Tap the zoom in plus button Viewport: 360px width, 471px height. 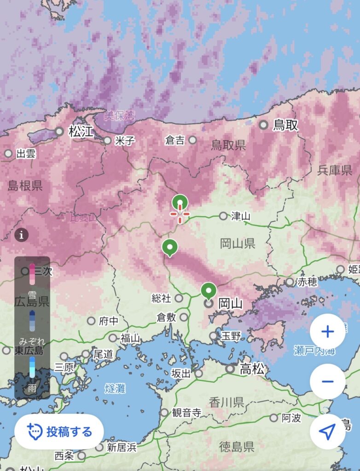point(327,331)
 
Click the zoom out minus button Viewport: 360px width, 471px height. point(327,381)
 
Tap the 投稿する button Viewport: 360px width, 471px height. point(59,431)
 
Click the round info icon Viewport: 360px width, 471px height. point(21,235)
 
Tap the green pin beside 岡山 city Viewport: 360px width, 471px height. point(209,291)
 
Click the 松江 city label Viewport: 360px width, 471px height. point(81,132)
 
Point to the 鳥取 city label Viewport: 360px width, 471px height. point(285,125)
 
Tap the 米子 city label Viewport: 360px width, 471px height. point(125,140)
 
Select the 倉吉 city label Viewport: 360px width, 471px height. point(175,140)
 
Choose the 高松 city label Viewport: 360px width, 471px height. point(252,368)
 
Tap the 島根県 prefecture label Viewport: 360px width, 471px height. point(25,185)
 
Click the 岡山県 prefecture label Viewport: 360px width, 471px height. point(238,243)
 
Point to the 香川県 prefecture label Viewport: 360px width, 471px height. point(226,402)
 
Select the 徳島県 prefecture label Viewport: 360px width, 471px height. point(237,446)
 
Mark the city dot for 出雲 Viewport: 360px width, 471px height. point(8,154)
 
